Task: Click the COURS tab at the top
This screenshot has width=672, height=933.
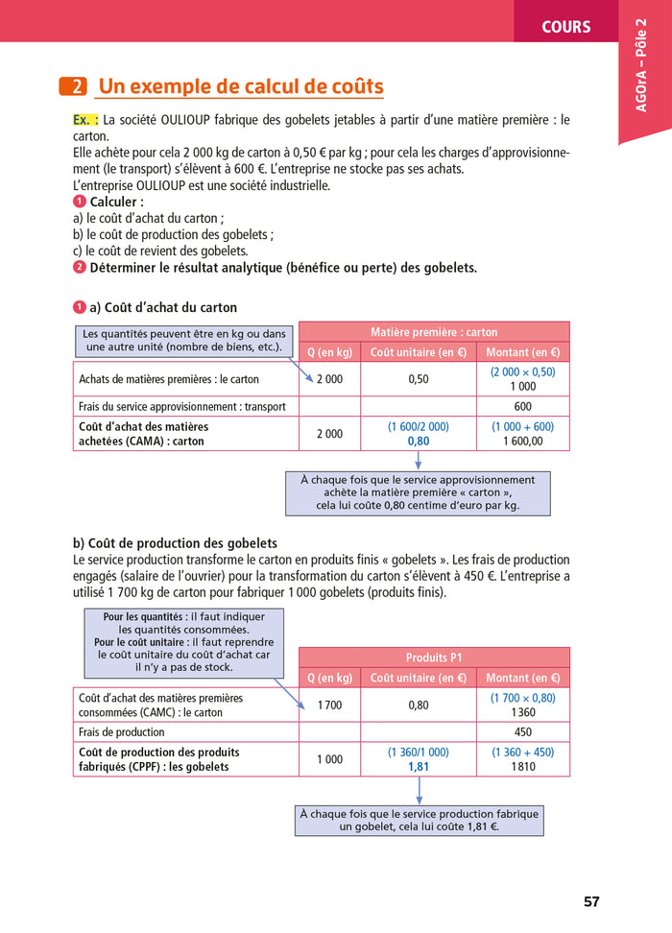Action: coord(565,26)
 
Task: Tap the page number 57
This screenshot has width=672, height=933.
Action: coord(591,901)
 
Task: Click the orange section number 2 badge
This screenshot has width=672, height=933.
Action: coord(73,87)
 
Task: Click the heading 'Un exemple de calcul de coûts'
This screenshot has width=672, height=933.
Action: coord(241,87)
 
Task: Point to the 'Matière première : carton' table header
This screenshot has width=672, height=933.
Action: coord(434,332)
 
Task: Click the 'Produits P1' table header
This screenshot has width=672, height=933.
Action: coord(434,658)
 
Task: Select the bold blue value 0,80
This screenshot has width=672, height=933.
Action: coord(418,442)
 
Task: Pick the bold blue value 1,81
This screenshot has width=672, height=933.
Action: coord(418,767)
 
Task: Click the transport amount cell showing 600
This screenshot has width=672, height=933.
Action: coord(522,406)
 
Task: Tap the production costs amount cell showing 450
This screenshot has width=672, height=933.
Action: coord(522,731)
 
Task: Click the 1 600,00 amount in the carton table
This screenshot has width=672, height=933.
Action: coord(522,442)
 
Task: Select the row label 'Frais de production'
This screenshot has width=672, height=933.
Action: coord(122,731)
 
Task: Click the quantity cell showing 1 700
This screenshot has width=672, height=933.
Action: coord(329,706)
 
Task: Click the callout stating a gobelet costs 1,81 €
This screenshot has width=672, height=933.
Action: coord(419,820)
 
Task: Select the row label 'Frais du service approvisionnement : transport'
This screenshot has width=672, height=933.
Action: coord(182,406)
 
